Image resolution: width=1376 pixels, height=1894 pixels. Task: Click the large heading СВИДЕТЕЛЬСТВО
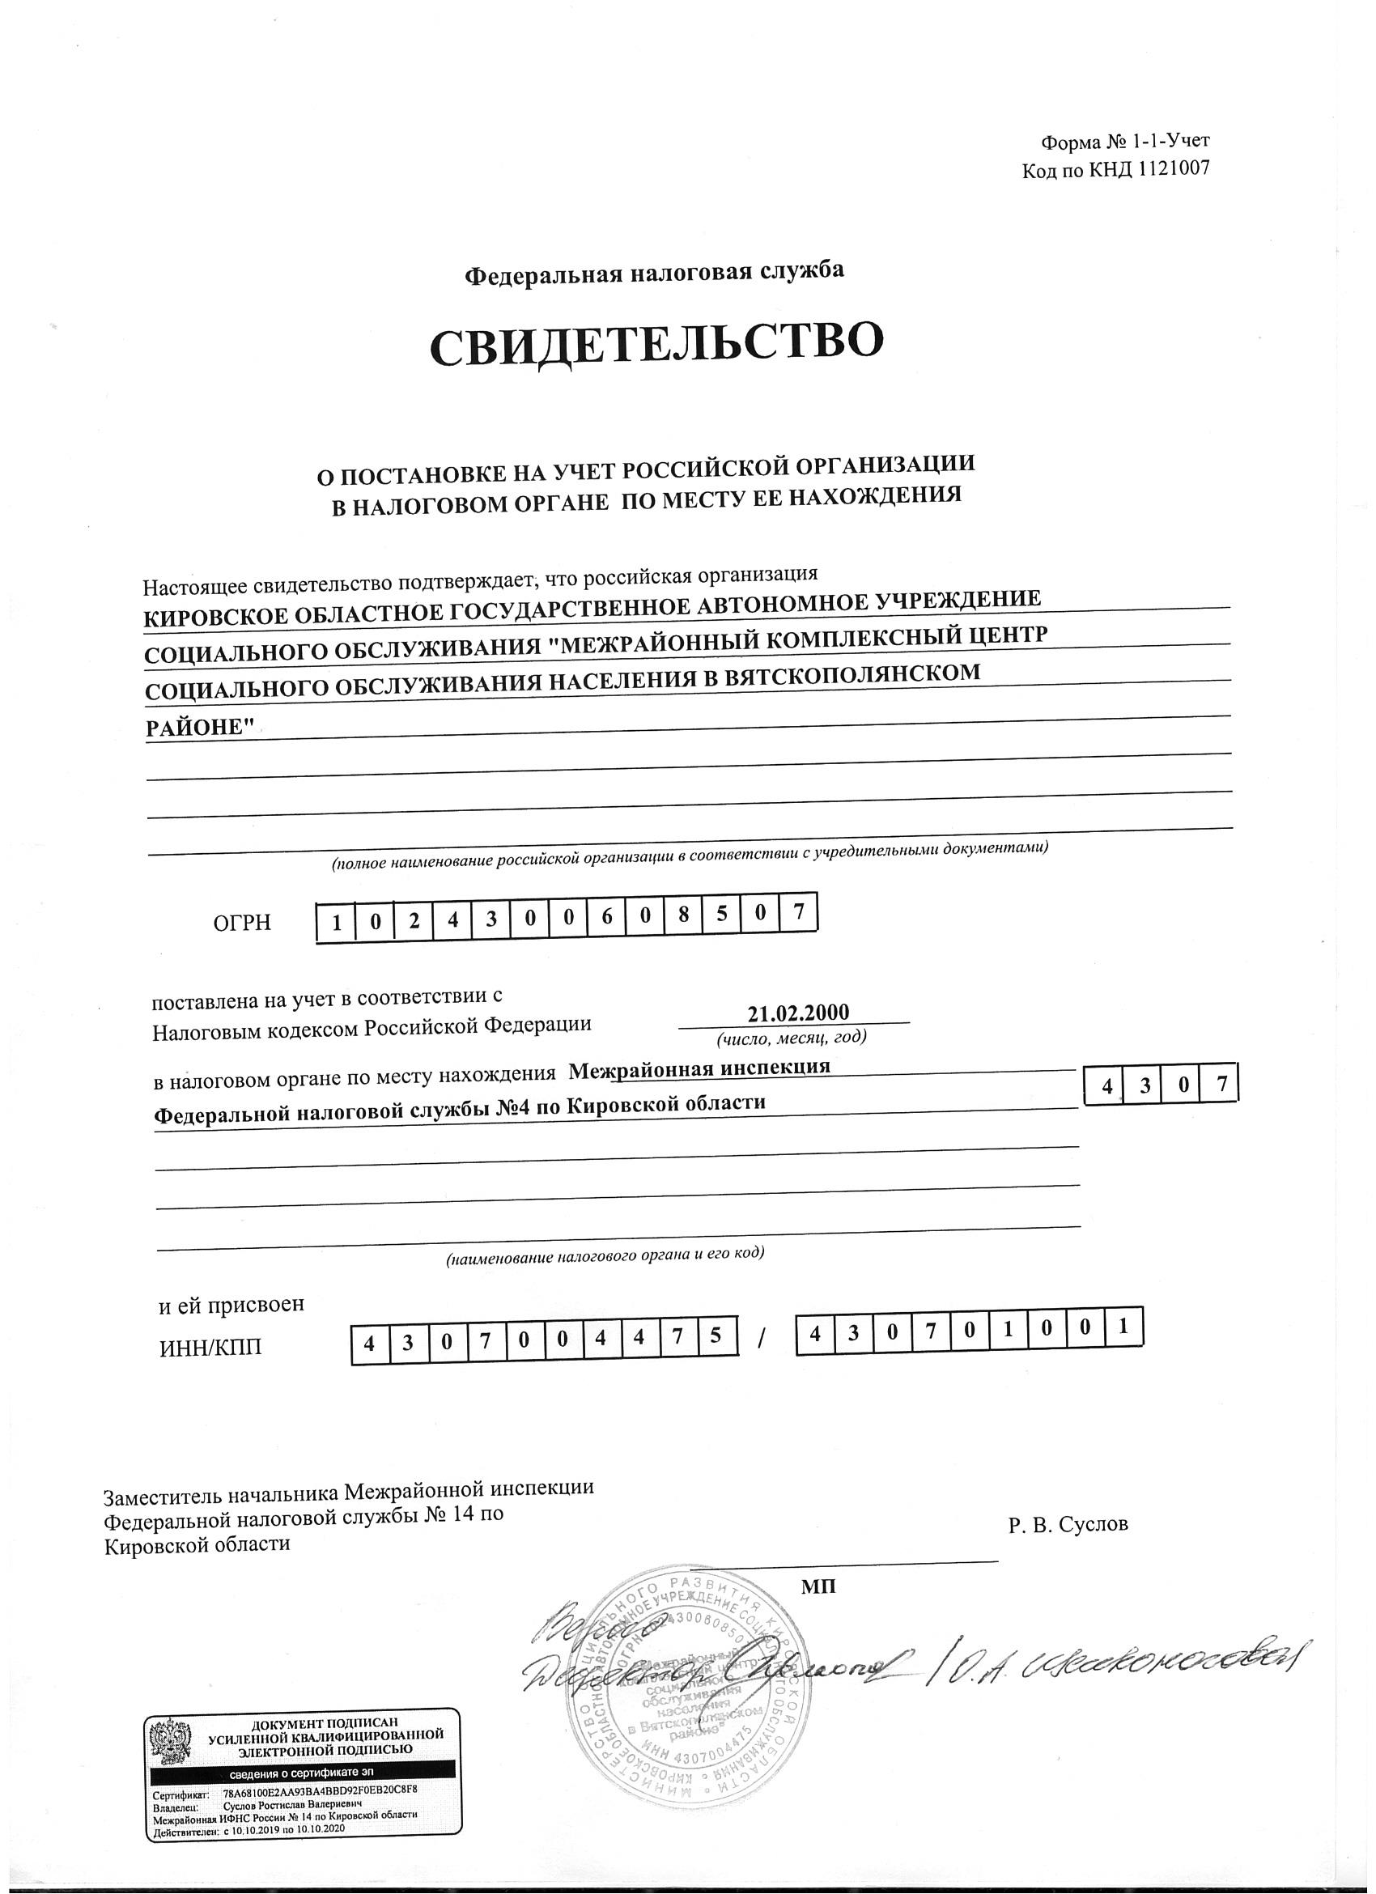[x=656, y=346]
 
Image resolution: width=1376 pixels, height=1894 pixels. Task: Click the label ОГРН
[x=242, y=923]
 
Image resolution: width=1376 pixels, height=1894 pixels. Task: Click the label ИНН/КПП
[x=210, y=1347]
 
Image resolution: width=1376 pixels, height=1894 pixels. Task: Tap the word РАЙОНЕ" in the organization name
[x=200, y=728]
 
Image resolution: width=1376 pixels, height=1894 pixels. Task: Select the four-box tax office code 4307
[x=1159, y=1086]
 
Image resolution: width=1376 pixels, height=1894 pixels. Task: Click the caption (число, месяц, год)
[x=792, y=1037]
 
